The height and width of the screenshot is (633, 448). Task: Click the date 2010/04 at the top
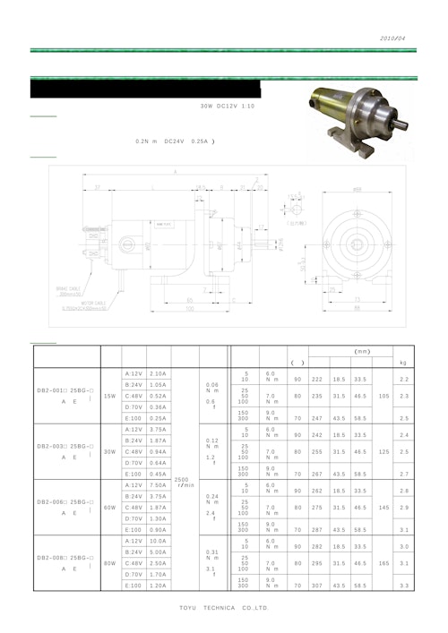tap(392, 39)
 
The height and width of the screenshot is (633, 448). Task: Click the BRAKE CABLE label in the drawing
tap(69, 288)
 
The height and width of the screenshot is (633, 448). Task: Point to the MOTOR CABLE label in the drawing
tap(82, 304)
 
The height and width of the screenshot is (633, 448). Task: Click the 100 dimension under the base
tap(189, 309)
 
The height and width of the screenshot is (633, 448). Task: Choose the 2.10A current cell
tap(158, 373)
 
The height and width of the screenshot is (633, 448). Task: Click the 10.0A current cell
tap(158, 541)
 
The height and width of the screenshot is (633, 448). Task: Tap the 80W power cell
tap(110, 563)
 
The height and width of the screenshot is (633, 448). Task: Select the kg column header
tap(403, 362)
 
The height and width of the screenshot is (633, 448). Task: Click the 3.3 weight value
tap(403, 586)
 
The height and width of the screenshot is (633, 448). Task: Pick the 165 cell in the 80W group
tap(384, 563)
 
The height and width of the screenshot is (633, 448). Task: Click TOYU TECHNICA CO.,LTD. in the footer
tap(224, 608)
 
